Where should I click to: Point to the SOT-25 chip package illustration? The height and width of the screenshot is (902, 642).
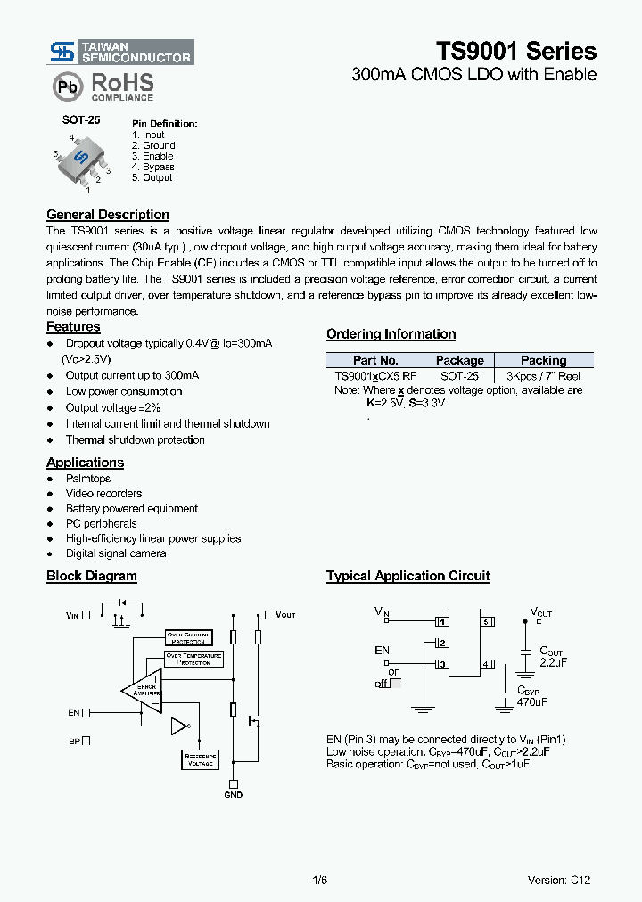[x=79, y=160]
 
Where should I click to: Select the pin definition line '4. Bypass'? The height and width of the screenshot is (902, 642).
[x=152, y=167]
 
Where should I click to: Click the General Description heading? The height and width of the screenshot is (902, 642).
[x=108, y=215]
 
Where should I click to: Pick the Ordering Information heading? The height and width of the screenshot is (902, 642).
[x=391, y=334]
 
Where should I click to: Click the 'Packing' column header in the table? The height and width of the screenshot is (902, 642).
[x=543, y=360]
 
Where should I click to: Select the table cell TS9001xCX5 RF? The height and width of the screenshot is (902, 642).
[x=375, y=376]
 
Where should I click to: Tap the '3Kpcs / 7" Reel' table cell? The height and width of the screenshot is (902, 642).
[x=543, y=376]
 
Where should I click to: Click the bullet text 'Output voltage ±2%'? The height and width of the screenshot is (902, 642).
[x=112, y=407]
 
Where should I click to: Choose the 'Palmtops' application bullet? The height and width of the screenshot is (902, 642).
[x=88, y=479]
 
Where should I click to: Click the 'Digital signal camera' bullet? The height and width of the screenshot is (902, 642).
[x=116, y=553]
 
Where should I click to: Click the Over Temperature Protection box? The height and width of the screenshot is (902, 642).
[x=194, y=659]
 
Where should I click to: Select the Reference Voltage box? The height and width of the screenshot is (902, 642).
[x=200, y=759]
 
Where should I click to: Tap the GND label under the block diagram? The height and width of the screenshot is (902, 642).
[x=233, y=794]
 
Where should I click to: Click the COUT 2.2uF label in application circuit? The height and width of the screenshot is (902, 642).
[x=553, y=658]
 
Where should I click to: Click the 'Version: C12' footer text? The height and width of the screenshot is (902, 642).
[x=558, y=880]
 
